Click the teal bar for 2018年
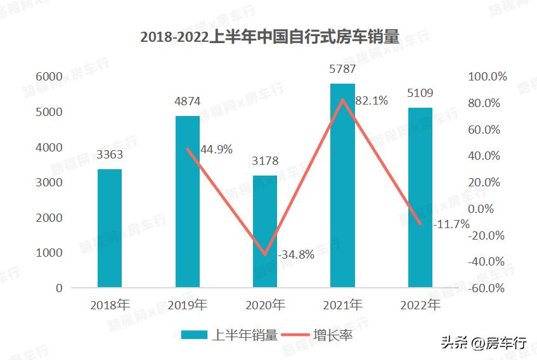110,228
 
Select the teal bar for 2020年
265,231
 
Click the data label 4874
187,101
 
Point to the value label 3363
110,154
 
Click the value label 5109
420,93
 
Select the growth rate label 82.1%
372,100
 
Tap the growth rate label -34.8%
296,255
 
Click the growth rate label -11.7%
451,224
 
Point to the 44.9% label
216,150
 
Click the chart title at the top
269,37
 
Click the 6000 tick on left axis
49,77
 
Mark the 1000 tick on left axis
49,253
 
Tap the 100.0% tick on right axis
488,77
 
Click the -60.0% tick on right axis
488,288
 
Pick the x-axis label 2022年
420,305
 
